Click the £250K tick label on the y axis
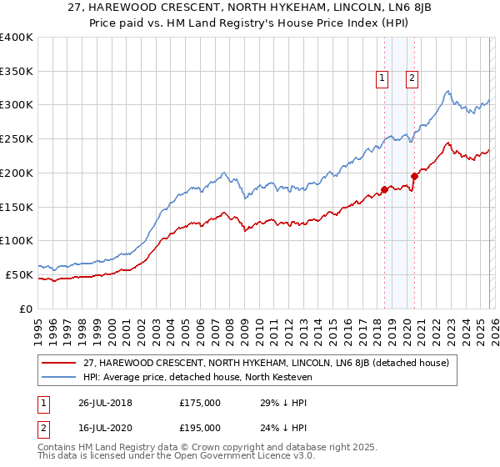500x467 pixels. (17, 139)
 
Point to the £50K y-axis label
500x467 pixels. (19, 274)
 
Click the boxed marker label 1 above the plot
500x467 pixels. (382, 79)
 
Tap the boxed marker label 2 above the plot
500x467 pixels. (412, 79)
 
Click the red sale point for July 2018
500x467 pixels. (384, 189)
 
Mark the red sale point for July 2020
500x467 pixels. (413, 176)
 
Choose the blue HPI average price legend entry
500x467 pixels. (208, 377)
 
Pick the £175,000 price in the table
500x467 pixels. (200, 403)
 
